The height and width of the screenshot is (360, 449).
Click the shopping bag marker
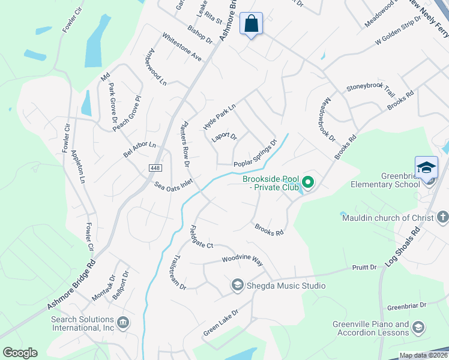point(252,25)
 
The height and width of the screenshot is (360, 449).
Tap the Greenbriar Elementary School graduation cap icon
point(426,167)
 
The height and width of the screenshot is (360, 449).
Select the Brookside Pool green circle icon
point(308,182)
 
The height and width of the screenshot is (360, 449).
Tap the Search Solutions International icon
point(122,323)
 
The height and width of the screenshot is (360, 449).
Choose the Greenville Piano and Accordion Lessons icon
point(418,328)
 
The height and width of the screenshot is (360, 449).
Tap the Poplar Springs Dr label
point(255,154)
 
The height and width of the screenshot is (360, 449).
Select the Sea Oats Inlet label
point(173,187)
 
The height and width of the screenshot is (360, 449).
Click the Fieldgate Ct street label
point(201,238)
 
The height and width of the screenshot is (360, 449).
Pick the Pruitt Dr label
point(364,267)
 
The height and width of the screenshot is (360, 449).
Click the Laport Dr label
point(224,137)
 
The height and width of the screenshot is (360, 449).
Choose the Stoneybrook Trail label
point(370,88)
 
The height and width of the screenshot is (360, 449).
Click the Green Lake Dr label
point(221,322)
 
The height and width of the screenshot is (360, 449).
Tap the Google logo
point(20,353)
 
